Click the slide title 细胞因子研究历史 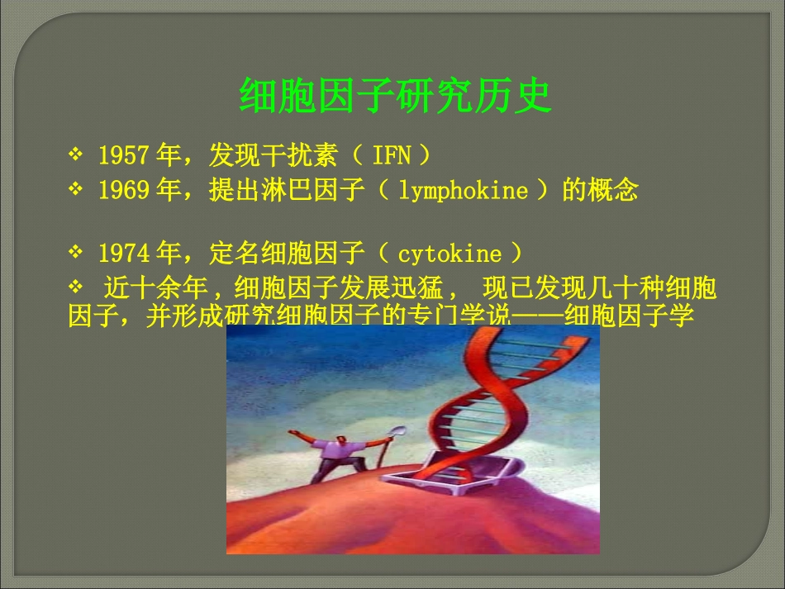pyautogui.click(x=395, y=97)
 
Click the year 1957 pyautogui.click(x=123, y=154)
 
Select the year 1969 pyautogui.click(x=123, y=191)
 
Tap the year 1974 pyautogui.click(x=123, y=252)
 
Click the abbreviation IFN pyautogui.click(x=391, y=154)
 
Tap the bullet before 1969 pyautogui.click(x=76, y=190)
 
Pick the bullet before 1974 pyautogui.click(x=76, y=251)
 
